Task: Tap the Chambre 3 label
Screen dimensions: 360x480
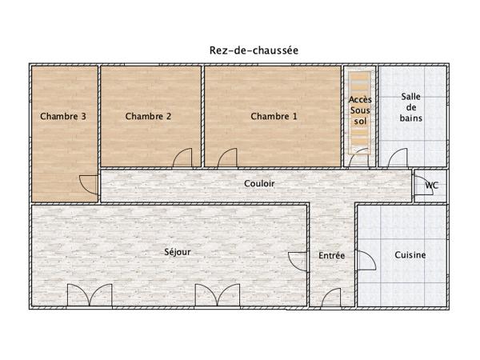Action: [63, 116]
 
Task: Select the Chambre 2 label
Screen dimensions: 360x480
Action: [149, 116]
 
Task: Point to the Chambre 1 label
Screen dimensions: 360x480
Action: [274, 116]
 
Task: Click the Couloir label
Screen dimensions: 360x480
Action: [259, 183]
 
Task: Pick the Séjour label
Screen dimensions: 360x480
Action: [178, 252]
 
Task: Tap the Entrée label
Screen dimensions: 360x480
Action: [332, 256]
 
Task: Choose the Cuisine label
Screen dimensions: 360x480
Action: [410, 256]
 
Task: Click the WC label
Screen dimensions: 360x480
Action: [432, 186]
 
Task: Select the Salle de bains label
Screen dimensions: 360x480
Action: [412, 107]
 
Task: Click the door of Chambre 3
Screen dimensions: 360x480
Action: [90, 186]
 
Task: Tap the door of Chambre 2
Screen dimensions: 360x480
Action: [183, 158]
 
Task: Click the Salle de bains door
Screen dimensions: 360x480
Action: [400, 158]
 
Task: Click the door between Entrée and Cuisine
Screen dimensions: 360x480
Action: [365, 262]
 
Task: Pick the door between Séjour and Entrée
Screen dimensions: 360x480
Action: [299, 262]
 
